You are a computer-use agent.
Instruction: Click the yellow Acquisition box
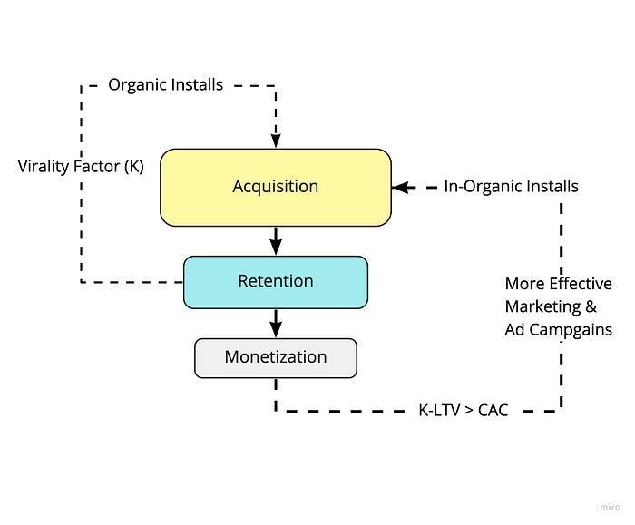click(276, 188)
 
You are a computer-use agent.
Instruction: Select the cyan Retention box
click(276, 282)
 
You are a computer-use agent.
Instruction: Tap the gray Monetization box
click(276, 358)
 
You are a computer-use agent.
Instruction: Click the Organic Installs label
click(166, 85)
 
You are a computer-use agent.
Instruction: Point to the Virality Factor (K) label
click(81, 166)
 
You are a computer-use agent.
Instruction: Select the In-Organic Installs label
click(511, 186)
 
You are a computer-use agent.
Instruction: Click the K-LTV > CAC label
click(464, 410)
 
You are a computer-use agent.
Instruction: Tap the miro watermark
click(611, 507)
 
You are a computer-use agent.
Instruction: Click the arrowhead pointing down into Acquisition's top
click(276, 141)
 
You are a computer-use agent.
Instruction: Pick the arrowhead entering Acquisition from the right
click(400, 188)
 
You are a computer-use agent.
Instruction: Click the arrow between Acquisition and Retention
click(276, 241)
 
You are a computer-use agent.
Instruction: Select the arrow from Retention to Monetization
click(276, 324)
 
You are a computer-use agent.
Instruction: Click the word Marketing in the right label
click(543, 306)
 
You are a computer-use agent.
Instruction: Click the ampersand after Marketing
click(591, 306)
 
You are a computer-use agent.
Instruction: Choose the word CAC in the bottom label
click(493, 410)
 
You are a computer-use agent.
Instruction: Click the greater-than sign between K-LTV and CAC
click(469, 411)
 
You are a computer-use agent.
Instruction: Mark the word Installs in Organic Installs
click(197, 84)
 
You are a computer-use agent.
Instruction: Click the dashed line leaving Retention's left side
click(132, 282)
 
